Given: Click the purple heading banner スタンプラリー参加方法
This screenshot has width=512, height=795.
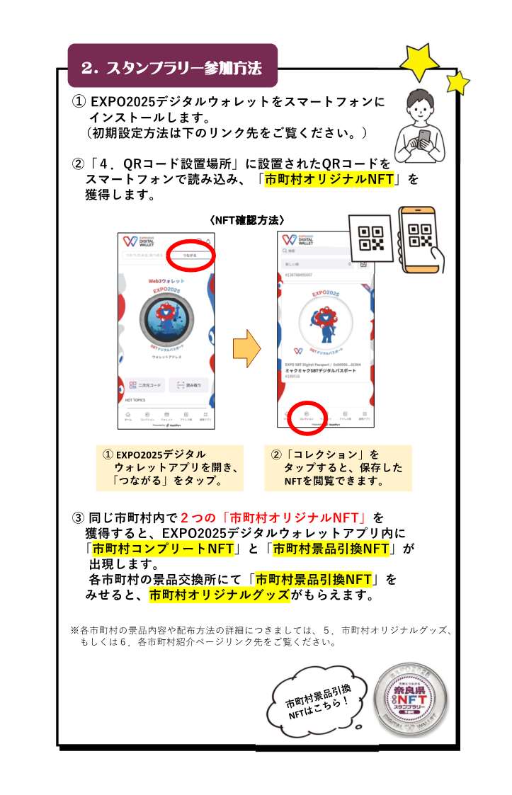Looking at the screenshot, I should coord(172,68).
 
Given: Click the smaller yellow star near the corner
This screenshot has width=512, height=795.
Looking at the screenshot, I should coord(457,83).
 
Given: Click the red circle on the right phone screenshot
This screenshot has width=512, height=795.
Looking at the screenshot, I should coord(307,416).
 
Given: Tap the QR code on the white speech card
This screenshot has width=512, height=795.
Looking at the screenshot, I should coord(371,239).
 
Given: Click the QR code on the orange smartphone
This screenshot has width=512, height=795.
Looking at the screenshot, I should coord(421,236).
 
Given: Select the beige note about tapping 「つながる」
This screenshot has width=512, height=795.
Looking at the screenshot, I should coord(170,468).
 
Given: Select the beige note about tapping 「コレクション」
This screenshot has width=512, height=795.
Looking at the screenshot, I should coord(338,468).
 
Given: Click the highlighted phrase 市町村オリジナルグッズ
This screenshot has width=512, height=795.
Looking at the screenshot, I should coord(220,595).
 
